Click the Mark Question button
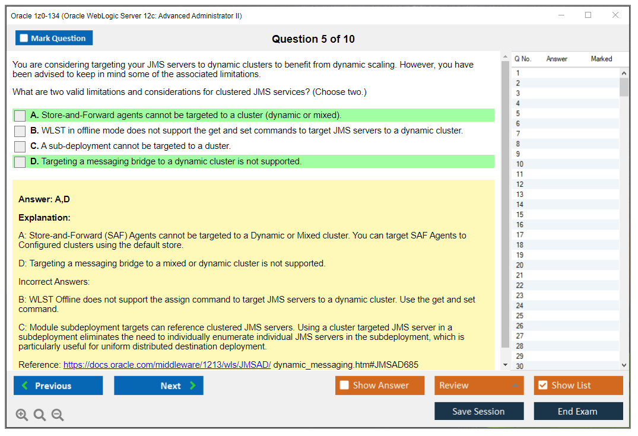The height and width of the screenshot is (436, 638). tap(54, 38)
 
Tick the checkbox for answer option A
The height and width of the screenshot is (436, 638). tap(20, 116)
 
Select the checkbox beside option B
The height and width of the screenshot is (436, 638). tap(20, 131)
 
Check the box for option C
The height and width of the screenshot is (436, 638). tap(20, 147)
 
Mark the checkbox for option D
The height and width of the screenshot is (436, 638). tap(20, 162)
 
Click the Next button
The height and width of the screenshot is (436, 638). tap(158, 386)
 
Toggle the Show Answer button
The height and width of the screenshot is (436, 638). tap(380, 386)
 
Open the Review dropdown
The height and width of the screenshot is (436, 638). tap(479, 386)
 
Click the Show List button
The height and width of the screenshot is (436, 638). tap(578, 386)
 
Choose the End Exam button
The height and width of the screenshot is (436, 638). tap(578, 411)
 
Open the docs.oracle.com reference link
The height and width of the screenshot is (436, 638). tap(167, 365)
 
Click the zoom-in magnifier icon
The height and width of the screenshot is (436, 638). tap(21, 415)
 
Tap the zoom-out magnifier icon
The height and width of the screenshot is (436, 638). tap(58, 415)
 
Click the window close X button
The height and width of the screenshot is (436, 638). tap(615, 15)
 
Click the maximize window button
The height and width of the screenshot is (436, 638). tap(588, 15)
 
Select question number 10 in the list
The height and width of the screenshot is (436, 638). tap(519, 164)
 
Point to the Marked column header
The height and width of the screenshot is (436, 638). tap(601, 59)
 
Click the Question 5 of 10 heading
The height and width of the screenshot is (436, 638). tap(313, 39)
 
